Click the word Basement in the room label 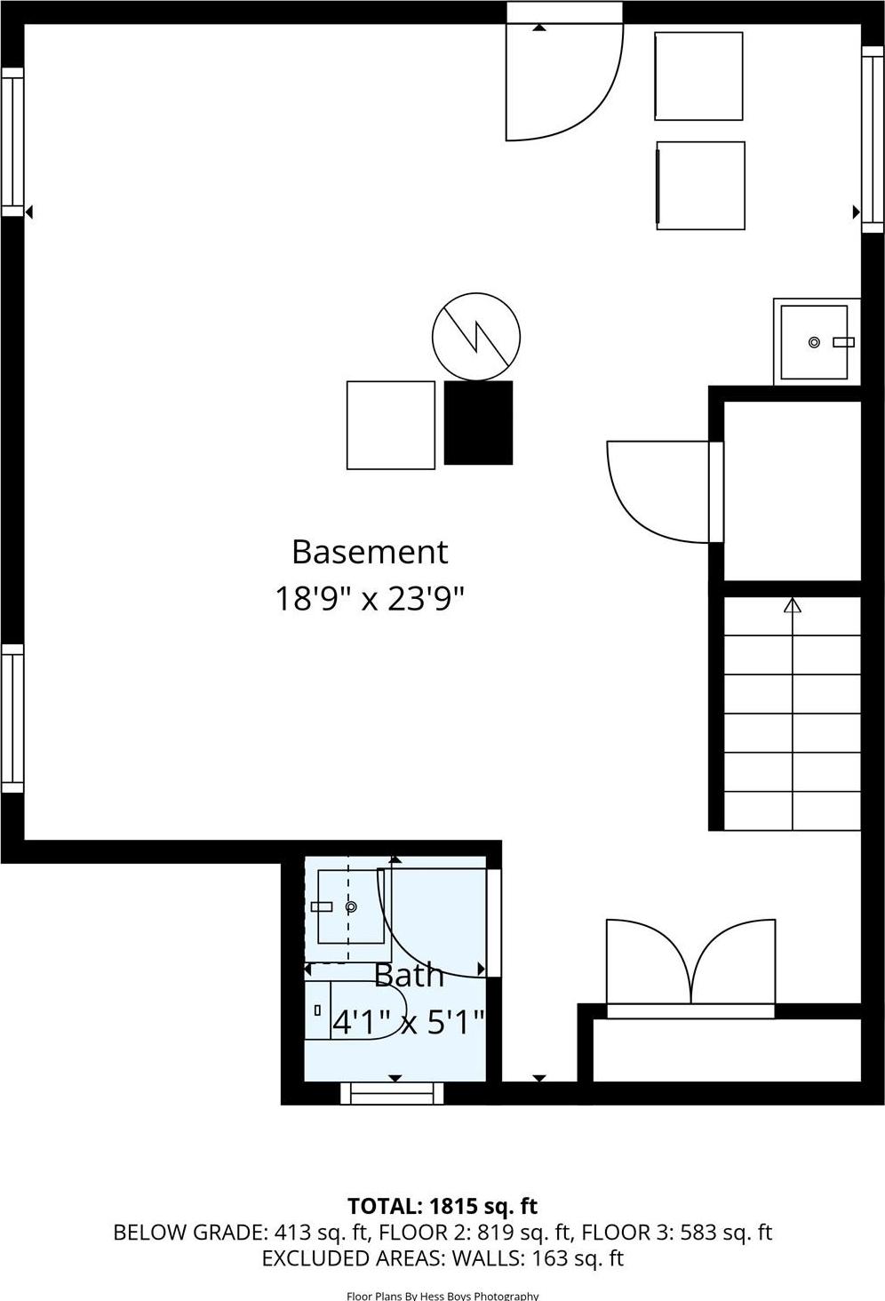pos(370,552)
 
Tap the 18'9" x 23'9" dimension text pos(370,598)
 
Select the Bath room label pos(408,975)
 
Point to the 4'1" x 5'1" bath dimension pos(408,1022)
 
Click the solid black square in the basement pos(478,423)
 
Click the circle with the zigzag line pos(476,337)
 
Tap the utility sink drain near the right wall pos(814,342)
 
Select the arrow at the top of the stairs pos(793,606)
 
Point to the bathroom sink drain pos(351,906)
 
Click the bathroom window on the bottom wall pos(392,1093)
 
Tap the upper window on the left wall pos(12,142)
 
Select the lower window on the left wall pos(12,718)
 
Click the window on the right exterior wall pos(873,139)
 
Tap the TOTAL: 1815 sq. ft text pos(442,1206)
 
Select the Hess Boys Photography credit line pos(442,1296)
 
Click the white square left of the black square pos(390,425)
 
